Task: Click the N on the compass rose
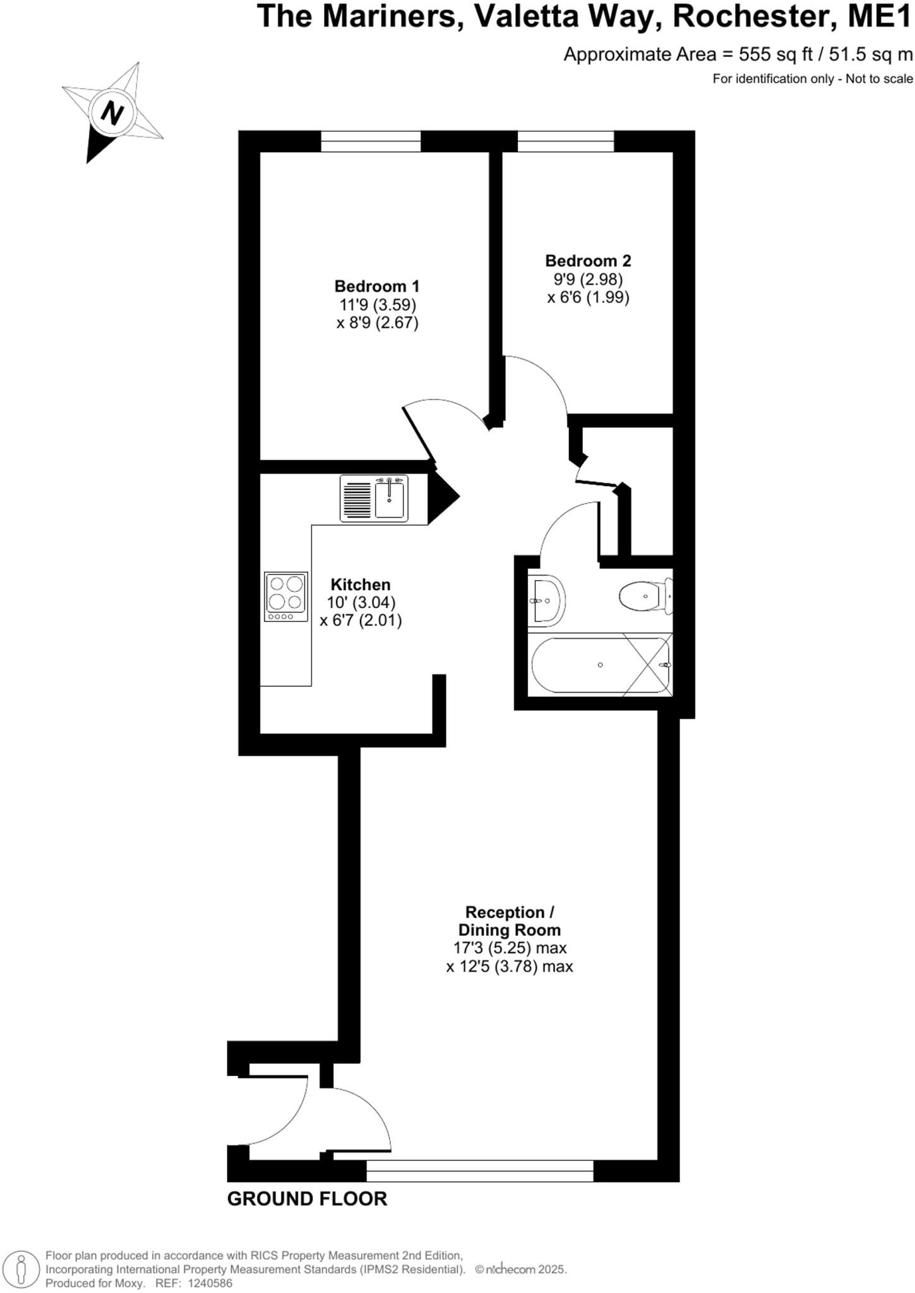(x=113, y=114)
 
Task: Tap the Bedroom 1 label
(x=377, y=286)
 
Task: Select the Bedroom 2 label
(x=588, y=261)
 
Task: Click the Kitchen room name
(x=361, y=585)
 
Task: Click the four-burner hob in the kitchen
(x=286, y=597)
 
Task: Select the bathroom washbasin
(x=547, y=600)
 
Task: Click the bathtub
(x=600, y=665)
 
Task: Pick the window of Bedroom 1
(x=371, y=141)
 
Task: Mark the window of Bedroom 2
(x=566, y=141)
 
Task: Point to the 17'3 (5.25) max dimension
(x=510, y=948)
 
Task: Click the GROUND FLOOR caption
(x=307, y=1199)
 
